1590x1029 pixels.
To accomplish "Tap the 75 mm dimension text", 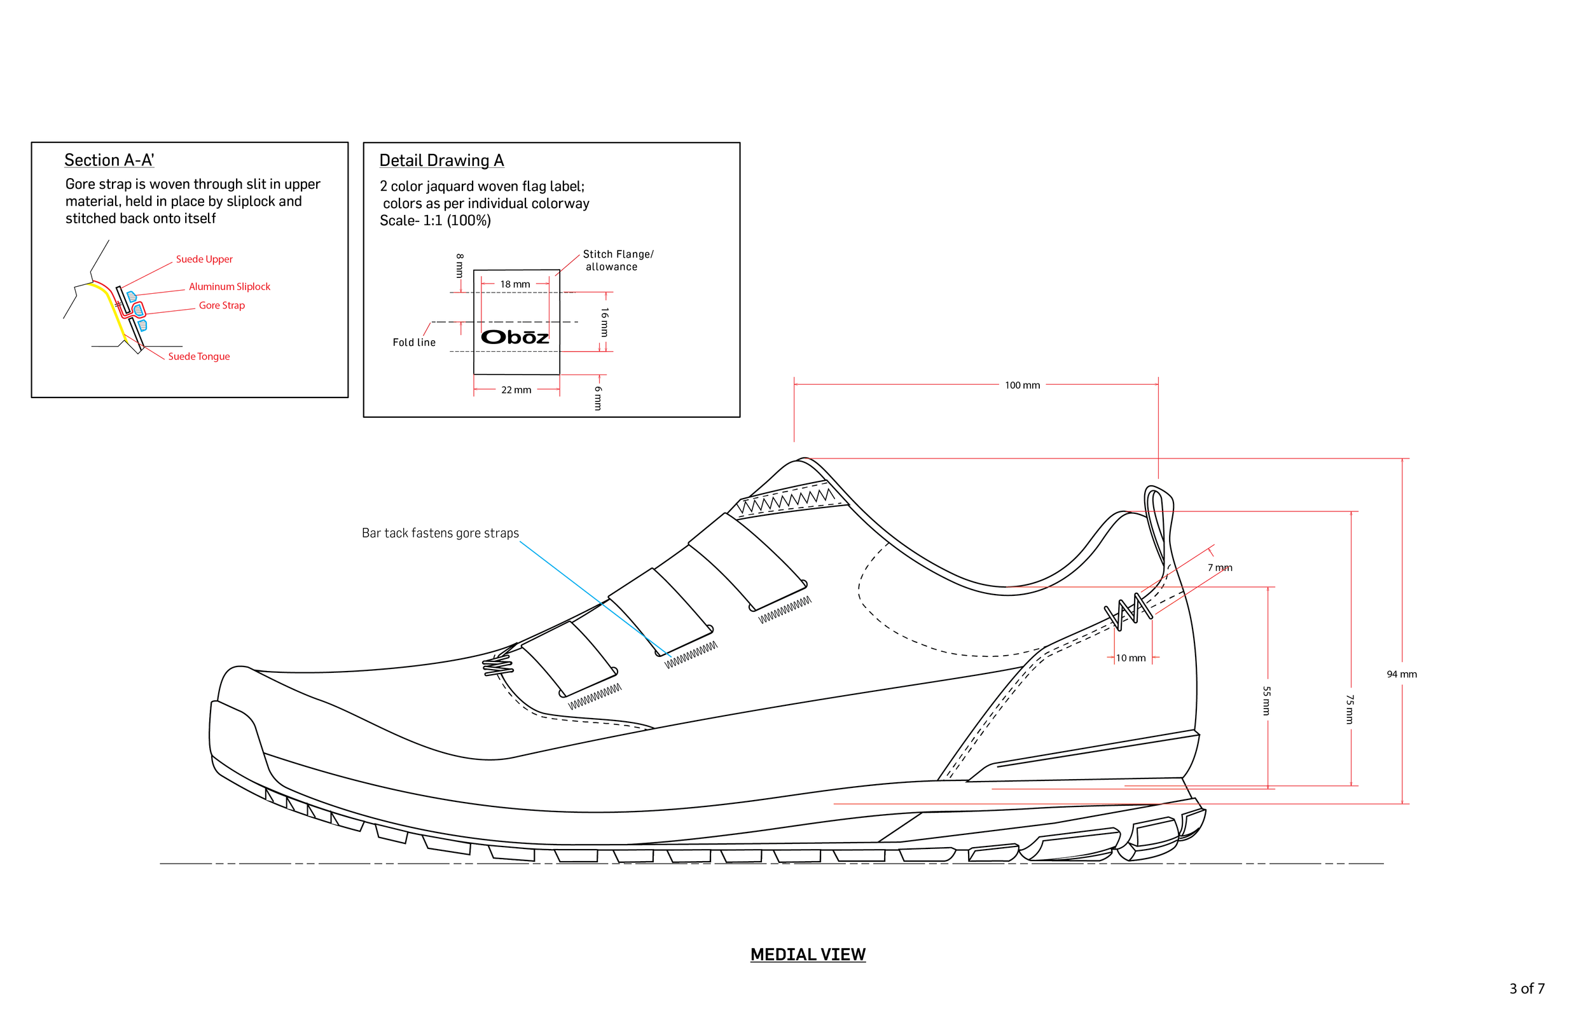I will (x=1350, y=709).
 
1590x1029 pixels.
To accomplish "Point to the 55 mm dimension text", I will (x=1267, y=701).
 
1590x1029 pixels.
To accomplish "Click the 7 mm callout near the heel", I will (x=1220, y=568).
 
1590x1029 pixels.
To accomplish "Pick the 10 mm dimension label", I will (x=1130, y=658).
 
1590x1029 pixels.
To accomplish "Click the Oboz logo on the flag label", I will (x=515, y=337).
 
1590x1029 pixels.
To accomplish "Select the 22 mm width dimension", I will (x=516, y=390).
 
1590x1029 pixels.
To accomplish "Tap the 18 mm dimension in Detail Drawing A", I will (x=515, y=285).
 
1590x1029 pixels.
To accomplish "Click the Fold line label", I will (x=414, y=343).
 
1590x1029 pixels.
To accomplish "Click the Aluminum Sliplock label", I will (x=229, y=287).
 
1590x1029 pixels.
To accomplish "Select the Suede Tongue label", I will (x=198, y=357).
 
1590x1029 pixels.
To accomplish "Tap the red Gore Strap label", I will (x=222, y=305).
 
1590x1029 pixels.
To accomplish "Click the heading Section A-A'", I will (x=109, y=160).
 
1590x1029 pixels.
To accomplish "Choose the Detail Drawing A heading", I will (x=441, y=160).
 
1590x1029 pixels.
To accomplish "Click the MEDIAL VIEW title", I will (x=808, y=954).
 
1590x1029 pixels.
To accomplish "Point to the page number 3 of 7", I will (x=1526, y=988).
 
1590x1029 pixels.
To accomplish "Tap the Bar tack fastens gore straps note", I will (x=440, y=533).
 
